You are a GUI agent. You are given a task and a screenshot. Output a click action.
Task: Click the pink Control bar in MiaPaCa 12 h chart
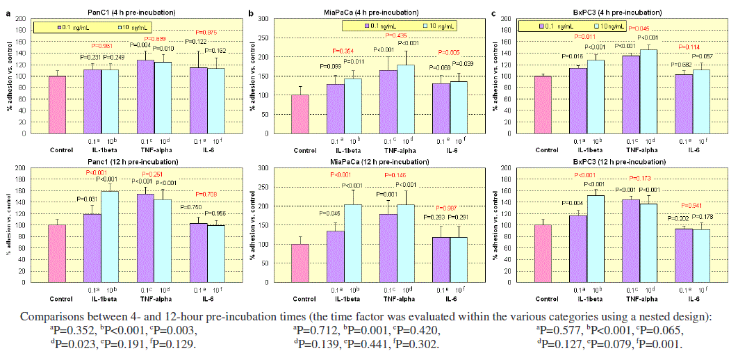(x=300, y=263)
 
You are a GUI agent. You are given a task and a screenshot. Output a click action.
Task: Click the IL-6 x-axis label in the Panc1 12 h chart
(x=200, y=299)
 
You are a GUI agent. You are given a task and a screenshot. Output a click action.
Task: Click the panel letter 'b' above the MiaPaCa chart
(x=250, y=13)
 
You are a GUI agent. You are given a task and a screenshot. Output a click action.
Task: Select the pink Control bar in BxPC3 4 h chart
(x=543, y=104)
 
